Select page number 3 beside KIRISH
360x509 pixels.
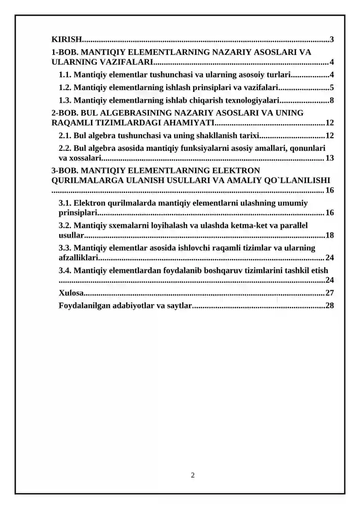click(x=332, y=40)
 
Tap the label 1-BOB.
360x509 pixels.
click(x=65, y=52)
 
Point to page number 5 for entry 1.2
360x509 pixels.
click(x=332, y=87)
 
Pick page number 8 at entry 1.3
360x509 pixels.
click(x=332, y=100)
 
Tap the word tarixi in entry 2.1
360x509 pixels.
click(x=250, y=135)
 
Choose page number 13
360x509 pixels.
click(x=329, y=158)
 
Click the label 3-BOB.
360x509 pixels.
click(x=65, y=171)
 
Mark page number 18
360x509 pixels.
click(x=329, y=235)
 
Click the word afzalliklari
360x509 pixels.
click(x=78, y=258)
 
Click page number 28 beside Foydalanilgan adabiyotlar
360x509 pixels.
click(x=329, y=306)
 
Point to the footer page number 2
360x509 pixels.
click(x=193, y=475)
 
